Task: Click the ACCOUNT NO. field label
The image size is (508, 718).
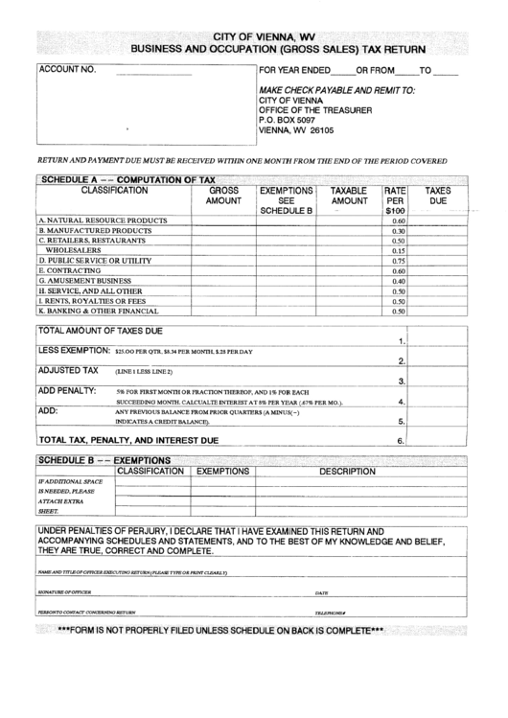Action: (67, 71)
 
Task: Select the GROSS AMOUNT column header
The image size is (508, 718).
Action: (223, 197)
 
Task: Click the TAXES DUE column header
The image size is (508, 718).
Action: (438, 197)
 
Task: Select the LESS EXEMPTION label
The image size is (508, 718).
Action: (75, 351)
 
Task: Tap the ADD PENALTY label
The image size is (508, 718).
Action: (67, 391)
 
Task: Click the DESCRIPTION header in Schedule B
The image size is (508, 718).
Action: (347, 472)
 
